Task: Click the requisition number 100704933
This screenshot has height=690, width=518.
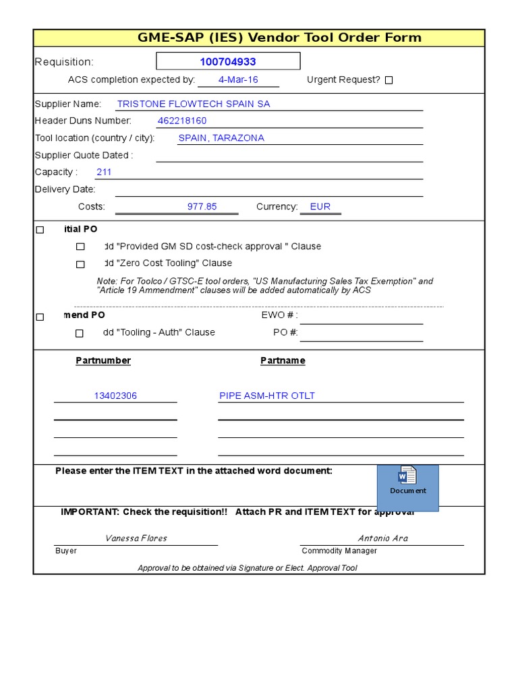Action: click(228, 62)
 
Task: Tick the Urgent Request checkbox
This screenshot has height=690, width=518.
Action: click(388, 80)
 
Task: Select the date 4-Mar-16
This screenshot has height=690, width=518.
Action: click(238, 80)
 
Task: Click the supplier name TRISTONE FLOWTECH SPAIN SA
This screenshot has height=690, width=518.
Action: click(194, 104)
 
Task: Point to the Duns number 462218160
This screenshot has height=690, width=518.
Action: click(182, 121)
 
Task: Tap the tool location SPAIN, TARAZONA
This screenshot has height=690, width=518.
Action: click(221, 137)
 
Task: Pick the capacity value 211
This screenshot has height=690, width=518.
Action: click(104, 172)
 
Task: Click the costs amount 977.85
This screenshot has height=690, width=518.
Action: click(202, 207)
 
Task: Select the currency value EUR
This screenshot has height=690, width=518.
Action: click(320, 207)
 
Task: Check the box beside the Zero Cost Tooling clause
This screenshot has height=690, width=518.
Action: click(80, 264)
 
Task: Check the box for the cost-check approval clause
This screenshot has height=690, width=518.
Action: click(80, 247)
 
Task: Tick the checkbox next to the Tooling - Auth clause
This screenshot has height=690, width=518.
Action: click(80, 333)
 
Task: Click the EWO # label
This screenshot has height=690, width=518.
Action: click(279, 315)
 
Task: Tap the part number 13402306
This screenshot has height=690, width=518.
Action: click(115, 396)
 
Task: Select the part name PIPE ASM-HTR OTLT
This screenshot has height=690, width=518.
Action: click(267, 396)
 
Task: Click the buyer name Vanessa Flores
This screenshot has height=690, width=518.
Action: click(136, 538)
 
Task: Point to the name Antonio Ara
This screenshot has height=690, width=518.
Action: click(382, 538)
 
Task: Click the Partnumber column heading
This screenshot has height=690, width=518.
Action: click(103, 360)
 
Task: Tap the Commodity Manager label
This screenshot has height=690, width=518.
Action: click(339, 551)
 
